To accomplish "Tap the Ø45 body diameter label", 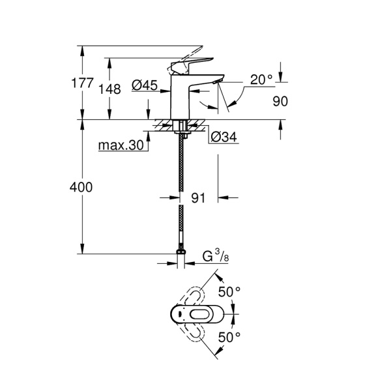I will coord(145,85).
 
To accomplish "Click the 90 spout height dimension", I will coord(280,102).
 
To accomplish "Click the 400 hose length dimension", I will coord(81,187).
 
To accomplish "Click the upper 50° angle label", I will coord(229,291).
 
